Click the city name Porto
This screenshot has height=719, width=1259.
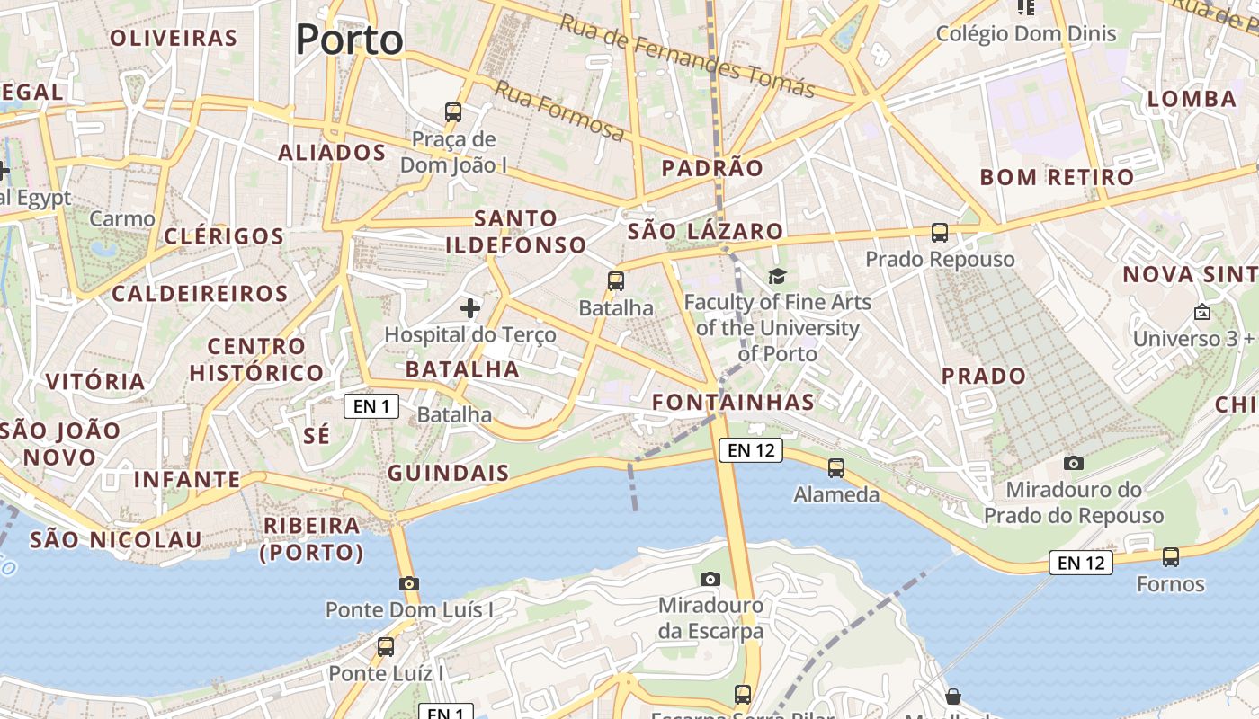(x=350, y=40)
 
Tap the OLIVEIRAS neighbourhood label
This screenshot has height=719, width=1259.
(x=173, y=38)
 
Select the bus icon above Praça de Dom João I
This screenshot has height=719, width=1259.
(x=453, y=112)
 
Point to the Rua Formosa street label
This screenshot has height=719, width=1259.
(x=559, y=111)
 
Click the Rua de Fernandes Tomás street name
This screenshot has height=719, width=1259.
(x=687, y=56)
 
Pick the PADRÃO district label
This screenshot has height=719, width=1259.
(x=712, y=168)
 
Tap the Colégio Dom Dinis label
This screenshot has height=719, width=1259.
(x=1026, y=34)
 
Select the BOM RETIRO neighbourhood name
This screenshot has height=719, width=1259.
(x=1058, y=177)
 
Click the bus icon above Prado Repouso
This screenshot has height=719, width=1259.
(x=940, y=233)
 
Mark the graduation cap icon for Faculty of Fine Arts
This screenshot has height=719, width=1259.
(x=777, y=276)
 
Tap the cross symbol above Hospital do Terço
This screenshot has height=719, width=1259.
(x=469, y=309)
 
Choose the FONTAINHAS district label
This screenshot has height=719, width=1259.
(x=734, y=402)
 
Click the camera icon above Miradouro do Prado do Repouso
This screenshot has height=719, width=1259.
(x=1074, y=463)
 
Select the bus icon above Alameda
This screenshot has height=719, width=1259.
(x=836, y=467)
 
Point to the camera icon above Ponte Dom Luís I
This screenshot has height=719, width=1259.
(x=409, y=583)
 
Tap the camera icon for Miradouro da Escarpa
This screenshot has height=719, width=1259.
(x=710, y=579)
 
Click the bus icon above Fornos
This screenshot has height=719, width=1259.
(x=1171, y=557)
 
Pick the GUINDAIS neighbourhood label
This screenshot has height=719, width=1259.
(x=448, y=473)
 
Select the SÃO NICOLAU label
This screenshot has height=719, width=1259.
(x=116, y=540)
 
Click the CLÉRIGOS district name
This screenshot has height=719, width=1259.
(x=224, y=236)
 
